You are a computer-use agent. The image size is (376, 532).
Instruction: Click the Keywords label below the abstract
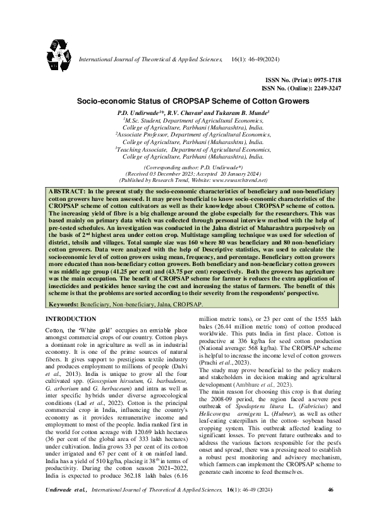click(64, 303)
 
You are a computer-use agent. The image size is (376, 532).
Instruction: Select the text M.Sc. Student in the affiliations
click(145, 119)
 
